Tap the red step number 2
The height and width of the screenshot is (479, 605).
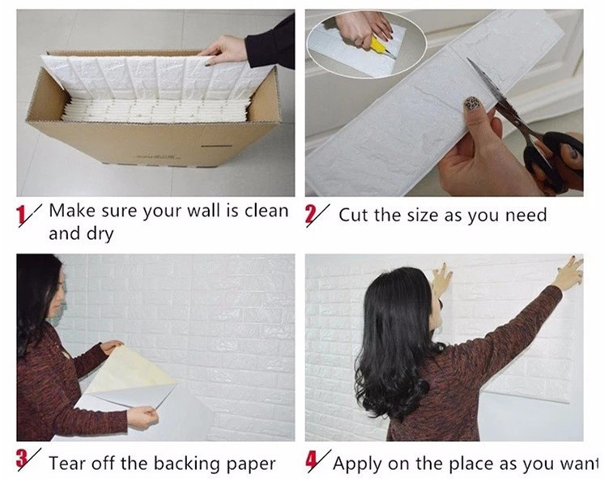coord(310,216)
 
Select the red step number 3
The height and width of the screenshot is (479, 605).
coord(22,460)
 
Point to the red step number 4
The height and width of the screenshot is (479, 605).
coord(312,461)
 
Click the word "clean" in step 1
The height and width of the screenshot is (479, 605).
coord(266,211)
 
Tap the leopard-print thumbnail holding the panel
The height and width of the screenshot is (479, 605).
coord(473,104)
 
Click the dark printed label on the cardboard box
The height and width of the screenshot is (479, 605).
coord(216,146)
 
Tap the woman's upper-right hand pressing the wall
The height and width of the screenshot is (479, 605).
coord(569,273)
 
